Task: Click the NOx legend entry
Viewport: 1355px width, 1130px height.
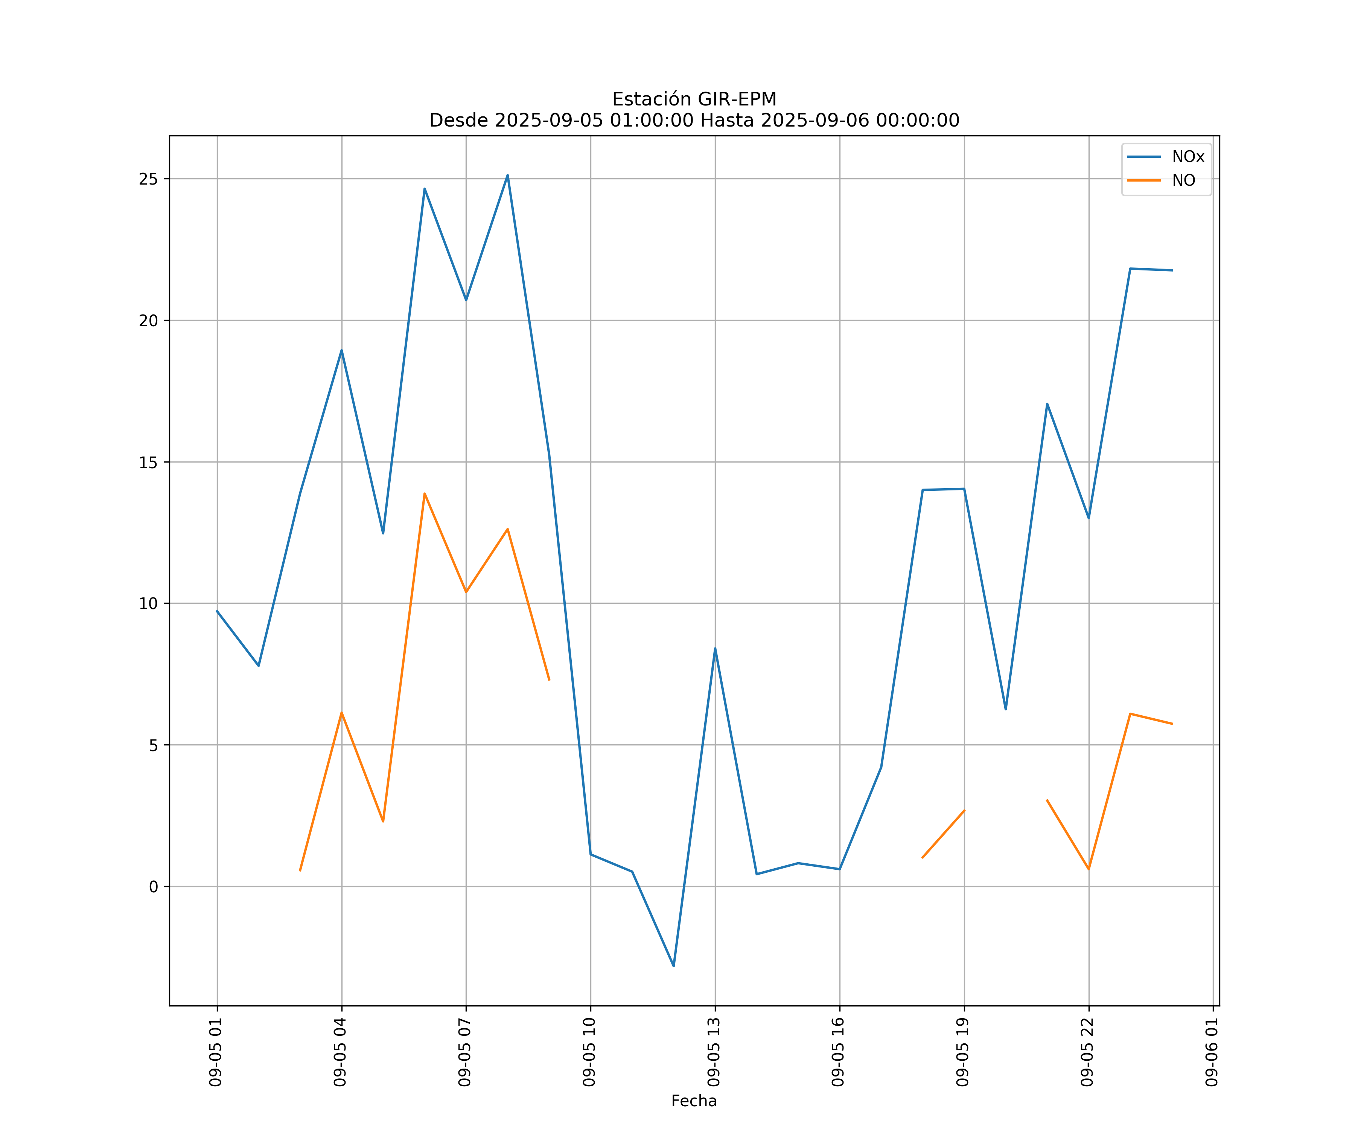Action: coord(1187,157)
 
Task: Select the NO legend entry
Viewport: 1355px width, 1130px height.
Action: coord(1183,181)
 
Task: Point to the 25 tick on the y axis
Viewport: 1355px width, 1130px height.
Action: coord(148,179)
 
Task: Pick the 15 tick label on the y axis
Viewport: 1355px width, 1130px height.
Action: coord(148,462)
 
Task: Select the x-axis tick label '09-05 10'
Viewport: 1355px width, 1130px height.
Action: coord(589,1052)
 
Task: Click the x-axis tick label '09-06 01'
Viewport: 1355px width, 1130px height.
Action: coord(1212,1052)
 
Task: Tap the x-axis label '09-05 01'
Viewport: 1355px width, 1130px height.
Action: coord(216,1052)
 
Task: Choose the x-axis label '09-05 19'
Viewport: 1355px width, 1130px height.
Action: coord(963,1052)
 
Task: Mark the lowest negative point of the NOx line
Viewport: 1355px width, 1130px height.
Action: coord(674,966)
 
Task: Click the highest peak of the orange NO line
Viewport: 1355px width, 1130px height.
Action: coord(425,493)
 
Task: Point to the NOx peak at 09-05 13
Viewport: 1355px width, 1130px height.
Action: coord(715,648)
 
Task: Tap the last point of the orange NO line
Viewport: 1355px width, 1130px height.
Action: coord(1172,724)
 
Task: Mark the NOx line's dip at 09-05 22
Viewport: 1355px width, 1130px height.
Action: coord(1089,518)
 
